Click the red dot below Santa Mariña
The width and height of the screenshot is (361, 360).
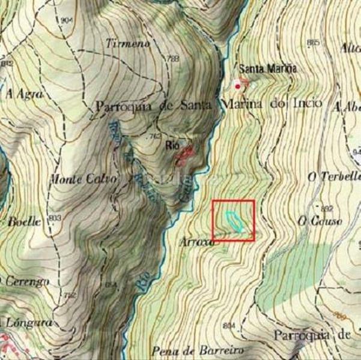point(238,86)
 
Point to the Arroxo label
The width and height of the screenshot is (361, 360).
point(196,242)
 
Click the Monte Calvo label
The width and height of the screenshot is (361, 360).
point(83,179)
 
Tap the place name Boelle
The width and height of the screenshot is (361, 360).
point(24,221)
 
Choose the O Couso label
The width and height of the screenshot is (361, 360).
point(320,221)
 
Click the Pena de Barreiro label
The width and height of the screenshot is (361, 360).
point(189,350)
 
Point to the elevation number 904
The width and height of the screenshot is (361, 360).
point(67,20)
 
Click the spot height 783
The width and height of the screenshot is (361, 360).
point(174,58)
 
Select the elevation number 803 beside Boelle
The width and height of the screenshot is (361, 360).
point(55,217)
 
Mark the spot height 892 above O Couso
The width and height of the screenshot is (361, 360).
point(326,208)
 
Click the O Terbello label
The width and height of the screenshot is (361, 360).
point(333,176)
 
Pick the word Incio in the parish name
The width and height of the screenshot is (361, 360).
point(308,104)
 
